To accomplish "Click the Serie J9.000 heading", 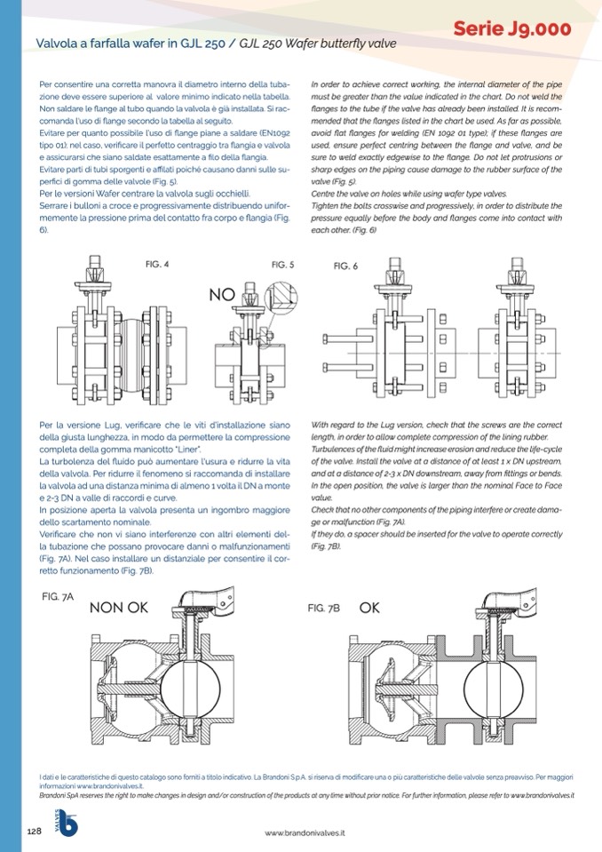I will [x=511, y=29].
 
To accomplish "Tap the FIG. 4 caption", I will [x=156, y=264].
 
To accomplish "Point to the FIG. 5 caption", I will [x=282, y=264].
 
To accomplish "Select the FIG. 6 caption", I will [x=345, y=267].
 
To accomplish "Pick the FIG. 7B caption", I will [x=324, y=609].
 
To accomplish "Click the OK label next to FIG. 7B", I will [x=370, y=609].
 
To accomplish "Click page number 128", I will [x=28, y=831].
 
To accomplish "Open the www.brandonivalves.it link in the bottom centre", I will [x=305, y=832].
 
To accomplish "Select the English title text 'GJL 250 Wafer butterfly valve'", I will [x=314, y=43].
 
